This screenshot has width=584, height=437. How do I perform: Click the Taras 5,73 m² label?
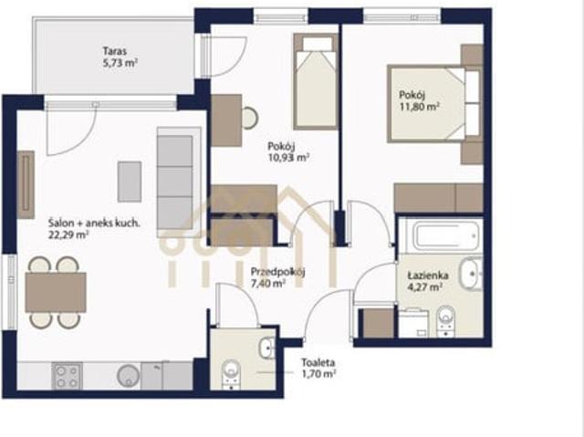pos(120,57)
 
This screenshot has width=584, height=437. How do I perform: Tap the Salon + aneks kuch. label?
pos(94,224)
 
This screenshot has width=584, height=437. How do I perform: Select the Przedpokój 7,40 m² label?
pos(277,277)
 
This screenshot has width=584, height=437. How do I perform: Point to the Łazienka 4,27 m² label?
pos(428,281)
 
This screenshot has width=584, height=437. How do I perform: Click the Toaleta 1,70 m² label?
pos(318,368)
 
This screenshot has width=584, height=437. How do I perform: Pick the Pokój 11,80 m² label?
pos(419,100)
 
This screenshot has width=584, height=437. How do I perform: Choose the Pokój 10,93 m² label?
pos(288,151)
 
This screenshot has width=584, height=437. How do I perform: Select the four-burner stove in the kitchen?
pos(68,376)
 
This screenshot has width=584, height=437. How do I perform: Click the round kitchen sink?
pos(128,375)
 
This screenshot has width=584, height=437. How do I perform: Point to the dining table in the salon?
pos(56,292)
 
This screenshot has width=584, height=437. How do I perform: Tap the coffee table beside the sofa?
pos(130,182)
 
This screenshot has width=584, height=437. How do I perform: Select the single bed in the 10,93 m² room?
pos(316,81)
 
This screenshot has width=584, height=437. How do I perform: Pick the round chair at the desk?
pos(249,119)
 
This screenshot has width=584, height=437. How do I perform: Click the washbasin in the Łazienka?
pos(471,275)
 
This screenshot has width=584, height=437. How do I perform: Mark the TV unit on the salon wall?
pos(26,184)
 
